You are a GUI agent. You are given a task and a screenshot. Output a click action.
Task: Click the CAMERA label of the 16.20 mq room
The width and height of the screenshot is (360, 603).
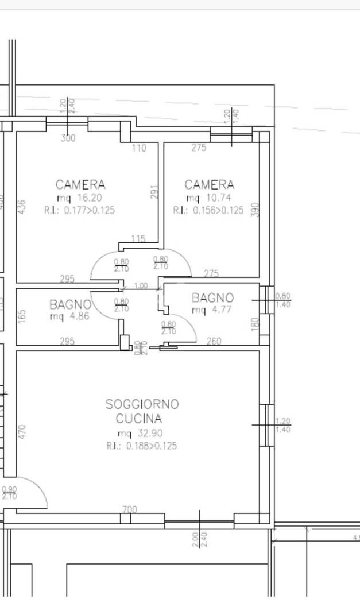click(80, 185)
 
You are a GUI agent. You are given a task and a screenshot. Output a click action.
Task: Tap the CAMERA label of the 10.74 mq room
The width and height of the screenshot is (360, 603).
click(210, 185)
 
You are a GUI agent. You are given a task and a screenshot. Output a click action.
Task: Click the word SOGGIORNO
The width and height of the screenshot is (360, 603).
click(142, 404)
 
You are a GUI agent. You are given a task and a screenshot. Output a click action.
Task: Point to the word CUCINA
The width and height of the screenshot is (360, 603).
click(139, 419)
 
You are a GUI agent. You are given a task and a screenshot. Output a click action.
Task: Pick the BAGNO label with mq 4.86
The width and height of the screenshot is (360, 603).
click(70, 304)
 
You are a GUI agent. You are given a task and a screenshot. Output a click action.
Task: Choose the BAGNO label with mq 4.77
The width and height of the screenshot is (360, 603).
click(212, 298)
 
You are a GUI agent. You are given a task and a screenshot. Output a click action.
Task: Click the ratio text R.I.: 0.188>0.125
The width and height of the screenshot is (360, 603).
click(141, 446)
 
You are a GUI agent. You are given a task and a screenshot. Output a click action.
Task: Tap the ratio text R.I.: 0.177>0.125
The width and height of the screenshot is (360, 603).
click(79, 210)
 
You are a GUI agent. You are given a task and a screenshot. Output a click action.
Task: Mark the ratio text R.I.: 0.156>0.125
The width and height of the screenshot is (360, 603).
click(208, 210)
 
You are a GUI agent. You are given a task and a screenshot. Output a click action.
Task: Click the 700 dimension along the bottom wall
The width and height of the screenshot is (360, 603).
click(130, 509)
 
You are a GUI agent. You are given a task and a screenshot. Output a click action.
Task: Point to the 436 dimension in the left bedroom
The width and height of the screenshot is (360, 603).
click(22, 207)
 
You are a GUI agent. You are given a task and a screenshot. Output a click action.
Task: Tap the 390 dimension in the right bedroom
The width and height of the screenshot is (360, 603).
click(256, 210)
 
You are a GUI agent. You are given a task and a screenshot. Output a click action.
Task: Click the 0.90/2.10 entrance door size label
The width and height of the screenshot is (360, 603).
click(10, 493)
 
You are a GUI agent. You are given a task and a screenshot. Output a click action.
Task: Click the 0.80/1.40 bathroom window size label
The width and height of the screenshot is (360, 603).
click(283, 300)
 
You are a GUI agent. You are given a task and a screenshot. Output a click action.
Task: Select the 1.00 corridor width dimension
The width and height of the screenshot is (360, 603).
click(140, 286)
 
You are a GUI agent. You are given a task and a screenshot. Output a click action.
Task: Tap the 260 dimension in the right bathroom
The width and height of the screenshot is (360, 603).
click(214, 342)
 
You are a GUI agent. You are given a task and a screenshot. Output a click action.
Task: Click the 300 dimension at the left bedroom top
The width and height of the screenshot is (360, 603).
click(68, 138)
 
